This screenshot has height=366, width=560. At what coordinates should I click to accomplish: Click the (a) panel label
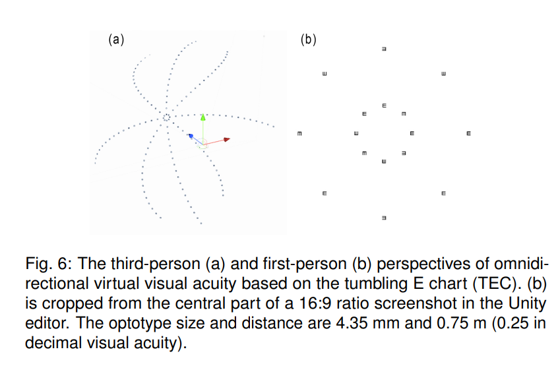116,40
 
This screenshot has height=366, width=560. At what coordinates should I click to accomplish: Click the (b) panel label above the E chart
308,40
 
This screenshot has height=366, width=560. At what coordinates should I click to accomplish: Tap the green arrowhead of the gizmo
203,117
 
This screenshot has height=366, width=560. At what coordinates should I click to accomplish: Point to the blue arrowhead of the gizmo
190,136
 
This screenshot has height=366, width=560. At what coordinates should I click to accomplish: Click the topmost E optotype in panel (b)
384,48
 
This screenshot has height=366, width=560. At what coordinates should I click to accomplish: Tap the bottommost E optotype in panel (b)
384,218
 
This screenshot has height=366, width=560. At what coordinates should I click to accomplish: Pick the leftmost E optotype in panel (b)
299,135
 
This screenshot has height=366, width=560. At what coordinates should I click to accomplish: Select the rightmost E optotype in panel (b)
468,135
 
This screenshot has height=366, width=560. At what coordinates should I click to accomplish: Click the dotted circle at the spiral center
166,118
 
